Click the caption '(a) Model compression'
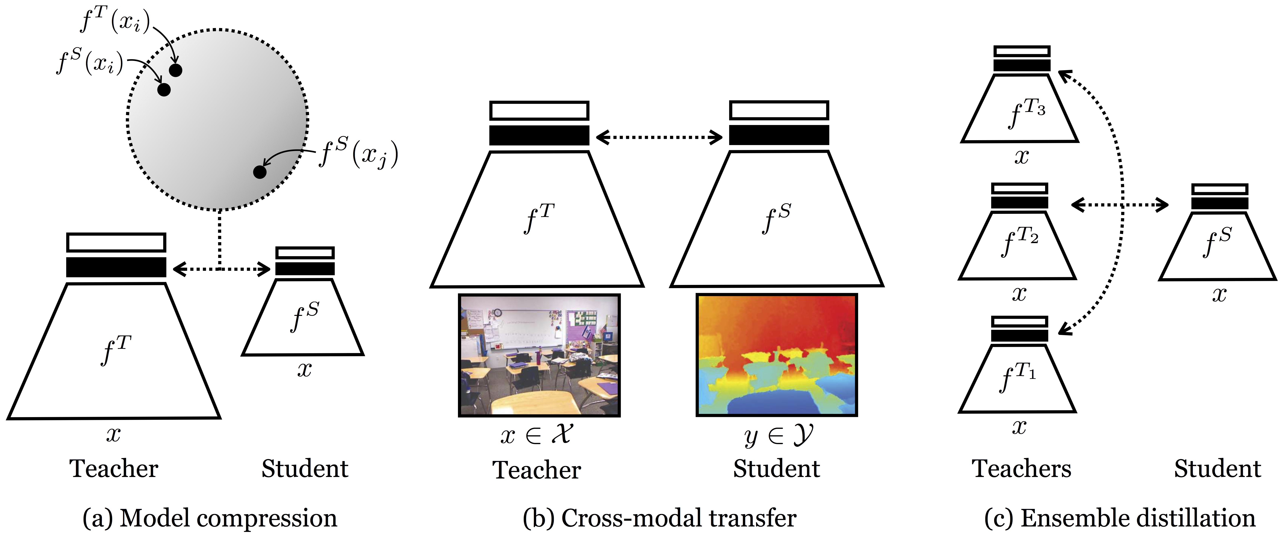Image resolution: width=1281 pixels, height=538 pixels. pos(210,518)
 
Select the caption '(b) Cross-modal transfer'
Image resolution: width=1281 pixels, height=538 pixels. pos(659,518)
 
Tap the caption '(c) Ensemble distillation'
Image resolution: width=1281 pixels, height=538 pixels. pos(1120,518)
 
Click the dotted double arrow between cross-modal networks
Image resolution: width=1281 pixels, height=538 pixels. pos(659,137)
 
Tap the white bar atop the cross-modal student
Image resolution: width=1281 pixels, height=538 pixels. pos(779,111)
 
